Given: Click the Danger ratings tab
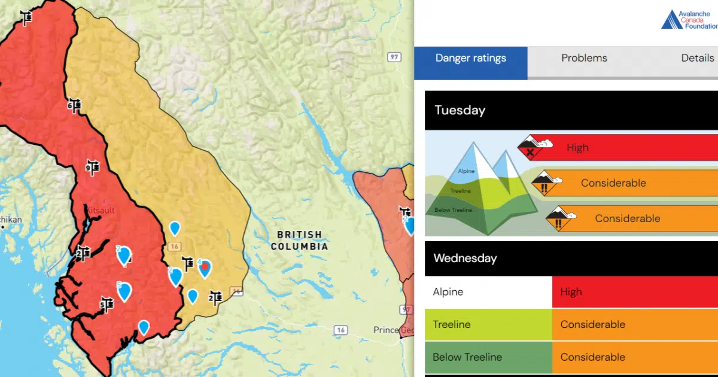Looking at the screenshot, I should [x=471, y=59].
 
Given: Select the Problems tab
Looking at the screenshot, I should [x=584, y=59].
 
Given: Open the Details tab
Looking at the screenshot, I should [x=697, y=59].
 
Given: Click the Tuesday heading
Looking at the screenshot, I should [x=460, y=111].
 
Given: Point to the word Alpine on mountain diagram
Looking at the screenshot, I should [x=466, y=171].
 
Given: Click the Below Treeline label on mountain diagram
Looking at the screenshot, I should [x=454, y=210].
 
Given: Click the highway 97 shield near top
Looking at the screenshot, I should [x=394, y=57].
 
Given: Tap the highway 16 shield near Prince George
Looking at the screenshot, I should [x=341, y=330].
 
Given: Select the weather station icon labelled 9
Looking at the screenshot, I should [x=92, y=168].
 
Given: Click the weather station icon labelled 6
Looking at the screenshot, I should [x=74, y=106].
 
